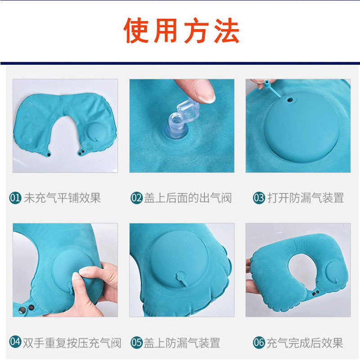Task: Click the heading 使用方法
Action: [x=181, y=31]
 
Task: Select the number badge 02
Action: [x=136, y=198]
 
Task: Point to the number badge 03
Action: [x=259, y=198]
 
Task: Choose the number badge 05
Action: [x=136, y=343]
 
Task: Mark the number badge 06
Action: [x=259, y=343]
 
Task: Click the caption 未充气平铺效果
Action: [x=62, y=198]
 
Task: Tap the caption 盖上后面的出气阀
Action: [x=188, y=198]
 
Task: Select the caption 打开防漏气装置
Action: [x=305, y=198]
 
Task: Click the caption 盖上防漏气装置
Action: [x=182, y=343]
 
